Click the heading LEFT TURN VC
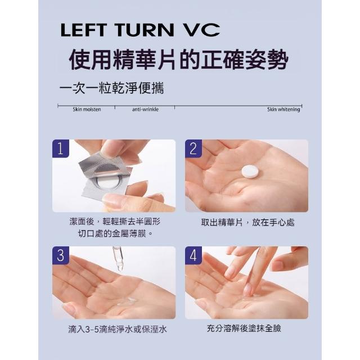coord(140,30)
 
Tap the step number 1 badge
coord(61,148)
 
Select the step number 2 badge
coord(193,148)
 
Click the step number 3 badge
coord(61,255)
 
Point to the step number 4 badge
coord(193,255)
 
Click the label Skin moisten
coord(87,109)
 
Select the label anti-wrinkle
coord(145,109)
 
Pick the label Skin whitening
coord(283,109)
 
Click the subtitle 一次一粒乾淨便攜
coord(111,88)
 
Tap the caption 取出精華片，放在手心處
coord(247,222)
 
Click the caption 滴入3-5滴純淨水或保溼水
coord(117,329)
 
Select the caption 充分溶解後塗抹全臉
coord(244,328)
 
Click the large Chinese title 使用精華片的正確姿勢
coord(179,60)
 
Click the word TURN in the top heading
coord(144,30)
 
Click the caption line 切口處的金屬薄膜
coord(115,234)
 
